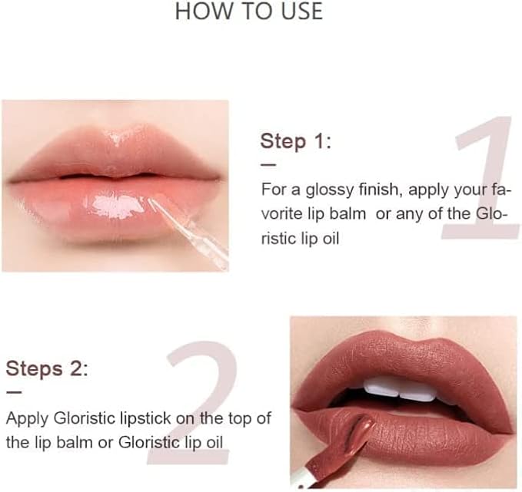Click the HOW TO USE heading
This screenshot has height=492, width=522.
coord(248,11)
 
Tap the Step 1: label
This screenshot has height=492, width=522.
coord(296,141)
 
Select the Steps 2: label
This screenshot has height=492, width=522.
coord(47,368)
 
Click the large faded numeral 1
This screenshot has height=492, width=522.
coord(481,177)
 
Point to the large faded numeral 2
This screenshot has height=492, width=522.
coord(193,402)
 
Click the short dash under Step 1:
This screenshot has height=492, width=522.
coord(268,164)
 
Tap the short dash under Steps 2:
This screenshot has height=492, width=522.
coord(14,393)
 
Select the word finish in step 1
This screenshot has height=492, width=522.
coord(379,189)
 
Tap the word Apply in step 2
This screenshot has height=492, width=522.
coord(28,419)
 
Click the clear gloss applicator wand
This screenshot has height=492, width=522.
coord(188,233)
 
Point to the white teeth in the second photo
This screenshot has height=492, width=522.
coord(398,390)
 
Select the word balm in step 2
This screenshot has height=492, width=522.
coord(72,442)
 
